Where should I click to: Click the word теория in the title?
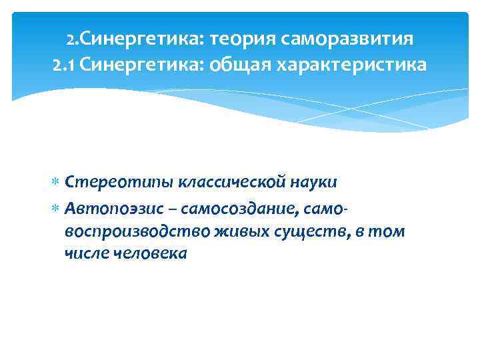[x=243, y=39]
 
